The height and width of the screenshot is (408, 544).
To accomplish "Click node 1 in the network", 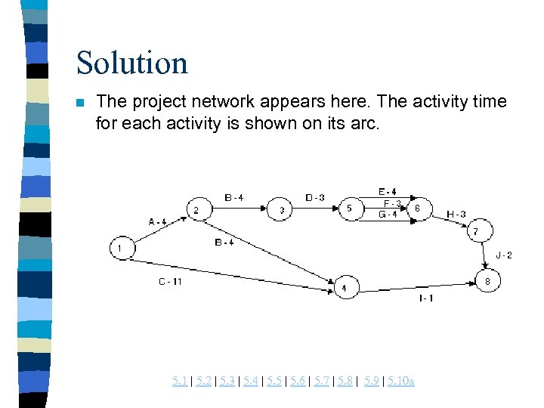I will click(x=121, y=247).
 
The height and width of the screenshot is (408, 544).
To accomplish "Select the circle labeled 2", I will click(x=197, y=209).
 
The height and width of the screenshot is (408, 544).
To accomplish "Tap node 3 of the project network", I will click(x=282, y=209).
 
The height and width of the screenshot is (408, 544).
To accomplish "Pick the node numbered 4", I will click(x=345, y=287).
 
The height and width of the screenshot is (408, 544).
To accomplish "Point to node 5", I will click(x=350, y=209).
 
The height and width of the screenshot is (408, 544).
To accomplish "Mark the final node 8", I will click(x=487, y=281).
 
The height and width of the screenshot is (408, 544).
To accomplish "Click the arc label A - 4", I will click(x=157, y=221).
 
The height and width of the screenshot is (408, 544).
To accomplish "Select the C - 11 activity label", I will click(x=170, y=282).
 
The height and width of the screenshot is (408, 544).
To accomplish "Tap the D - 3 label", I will click(x=315, y=198).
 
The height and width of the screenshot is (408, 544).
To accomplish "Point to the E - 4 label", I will click(x=388, y=191).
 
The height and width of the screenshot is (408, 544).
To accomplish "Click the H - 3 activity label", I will click(x=456, y=214).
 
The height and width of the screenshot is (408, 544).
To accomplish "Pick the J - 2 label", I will click(x=503, y=255).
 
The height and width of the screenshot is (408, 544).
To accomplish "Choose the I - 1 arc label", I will click(x=427, y=298).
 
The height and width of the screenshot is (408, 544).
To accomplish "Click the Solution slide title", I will click(x=131, y=62).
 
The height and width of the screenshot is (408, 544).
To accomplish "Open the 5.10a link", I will click(x=400, y=381).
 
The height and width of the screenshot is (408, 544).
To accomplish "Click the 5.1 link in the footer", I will click(x=180, y=381).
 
